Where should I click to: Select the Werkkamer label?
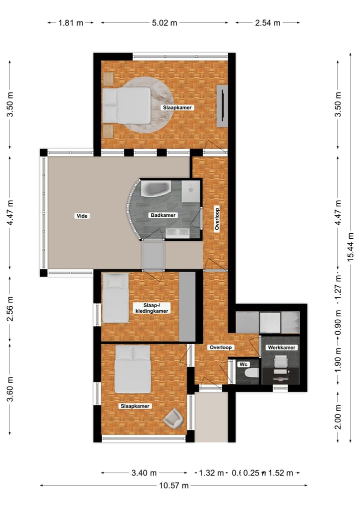pyautogui.click(x=280, y=347)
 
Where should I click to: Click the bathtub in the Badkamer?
pyautogui.click(x=156, y=189)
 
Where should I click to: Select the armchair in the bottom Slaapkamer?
pyautogui.click(x=174, y=418)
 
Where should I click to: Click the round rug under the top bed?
pyautogui.click(x=145, y=105)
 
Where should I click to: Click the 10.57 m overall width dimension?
pyautogui.click(x=173, y=485)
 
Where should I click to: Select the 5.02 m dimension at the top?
pyautogui.click(x=164, y=22)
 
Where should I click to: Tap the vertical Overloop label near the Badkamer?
pyautogui.click(x=217, y=219)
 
